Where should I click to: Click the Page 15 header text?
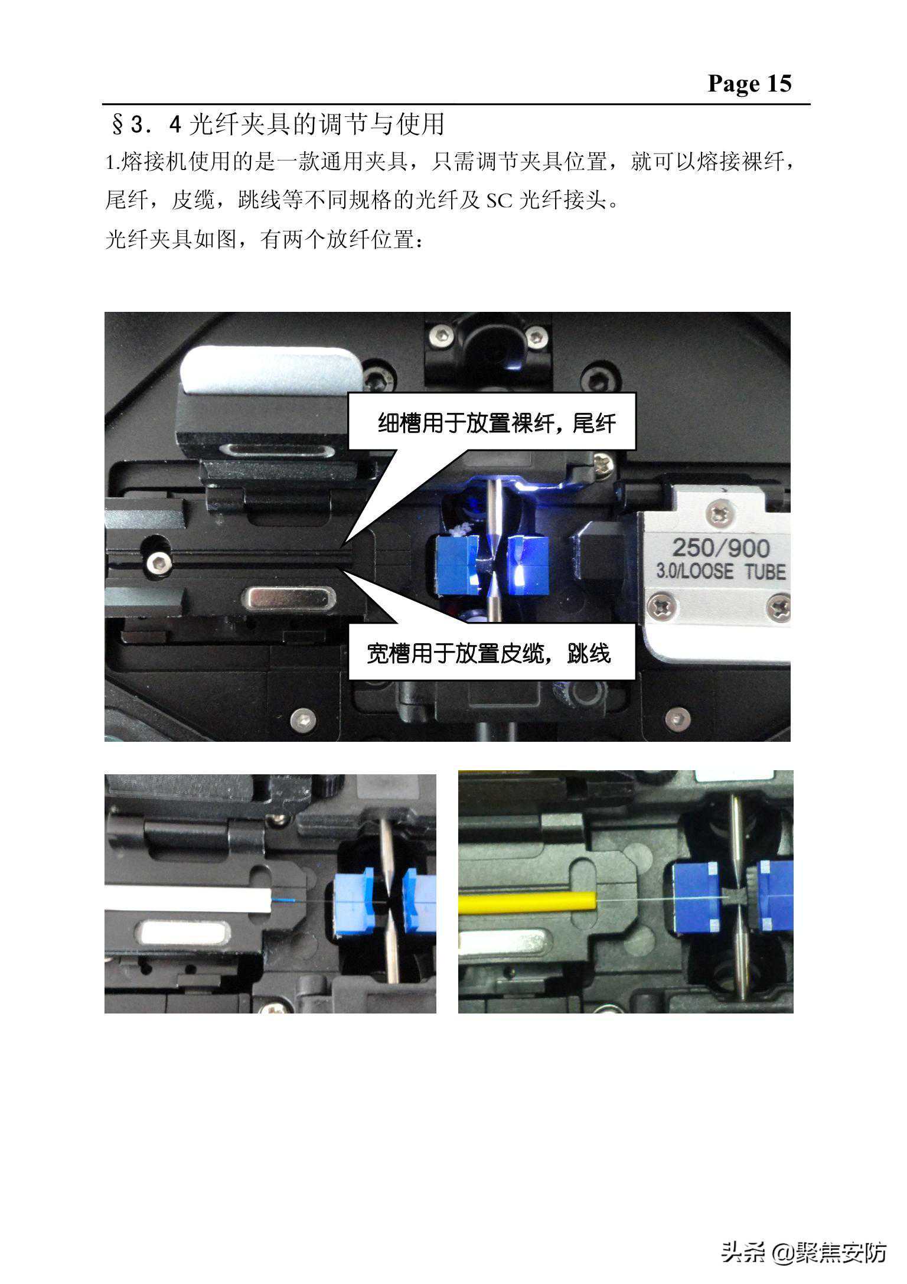coord(749,83)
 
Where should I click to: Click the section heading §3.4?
coord(278,124)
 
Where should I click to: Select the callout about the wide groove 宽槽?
coord(492,653)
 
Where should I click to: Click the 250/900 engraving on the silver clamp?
coord(721,548)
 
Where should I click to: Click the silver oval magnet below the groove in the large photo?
coord(291,598)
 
